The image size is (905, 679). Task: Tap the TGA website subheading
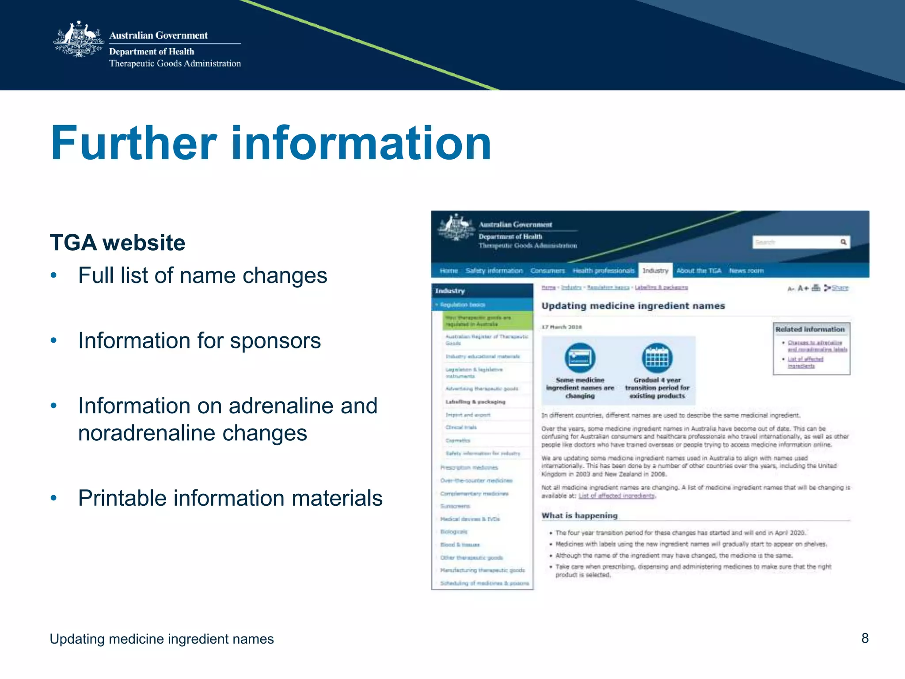118,243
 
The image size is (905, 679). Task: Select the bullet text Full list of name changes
202,275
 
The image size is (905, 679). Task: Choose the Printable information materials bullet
230,498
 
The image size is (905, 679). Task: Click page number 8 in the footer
865,638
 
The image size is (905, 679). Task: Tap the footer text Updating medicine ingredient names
162,639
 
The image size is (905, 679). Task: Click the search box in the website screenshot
795,242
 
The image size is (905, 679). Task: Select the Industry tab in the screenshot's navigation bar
655,271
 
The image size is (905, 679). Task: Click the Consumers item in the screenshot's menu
548,271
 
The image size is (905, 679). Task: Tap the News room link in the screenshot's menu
746,271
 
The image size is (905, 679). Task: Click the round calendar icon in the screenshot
657,358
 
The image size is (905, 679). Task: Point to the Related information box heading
810,329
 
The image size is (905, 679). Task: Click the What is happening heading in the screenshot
579,515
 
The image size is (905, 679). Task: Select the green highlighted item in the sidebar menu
487,321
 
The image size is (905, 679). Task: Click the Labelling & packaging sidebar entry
475,402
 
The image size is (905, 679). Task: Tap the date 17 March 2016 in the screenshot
562,327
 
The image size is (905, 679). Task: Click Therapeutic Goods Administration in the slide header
175,64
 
